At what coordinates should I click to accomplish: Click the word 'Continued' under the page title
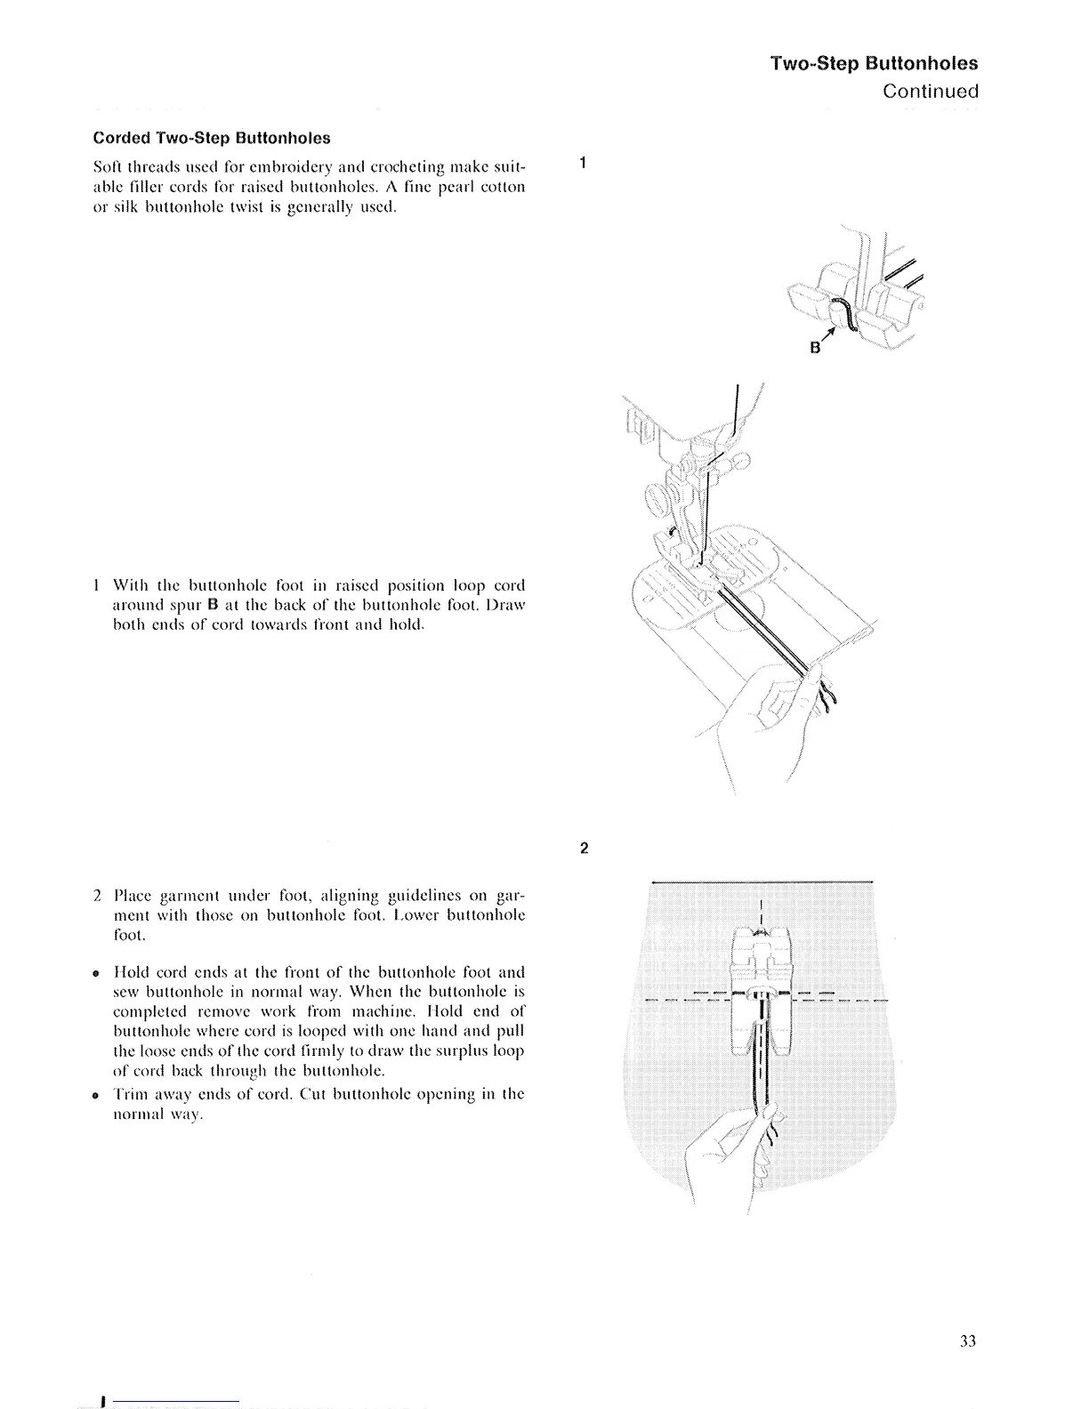tap(930, 92)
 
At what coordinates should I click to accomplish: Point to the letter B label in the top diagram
tap(814, 348)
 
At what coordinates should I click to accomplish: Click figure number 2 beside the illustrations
tap(583, 848)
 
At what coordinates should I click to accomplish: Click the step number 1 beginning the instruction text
tap(96, 586)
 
